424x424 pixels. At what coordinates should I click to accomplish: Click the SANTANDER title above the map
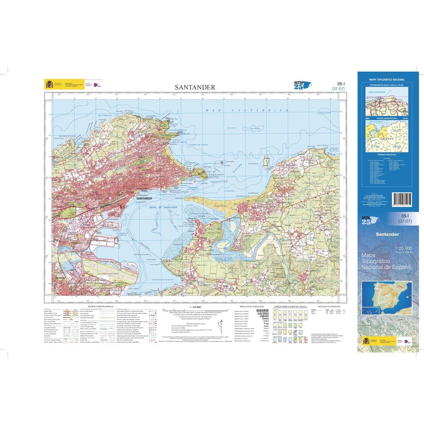[x=195, y=87]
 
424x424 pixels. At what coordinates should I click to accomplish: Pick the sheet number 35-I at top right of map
[x=338, y=84]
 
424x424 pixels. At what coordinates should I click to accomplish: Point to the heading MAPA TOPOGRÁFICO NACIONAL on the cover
[x=387, y=80]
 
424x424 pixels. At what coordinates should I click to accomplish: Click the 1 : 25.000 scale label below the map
[x=195, y=307]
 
